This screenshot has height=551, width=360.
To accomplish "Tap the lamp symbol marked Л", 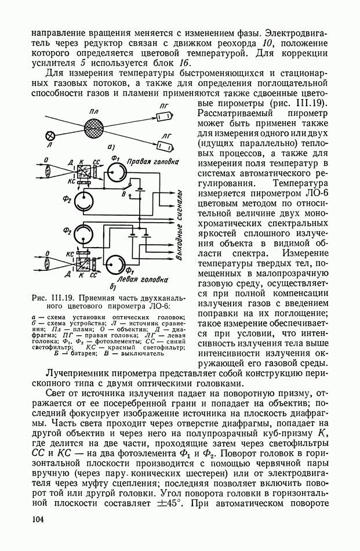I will (50, 137).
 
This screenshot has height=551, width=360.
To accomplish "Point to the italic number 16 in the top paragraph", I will (184, 63).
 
